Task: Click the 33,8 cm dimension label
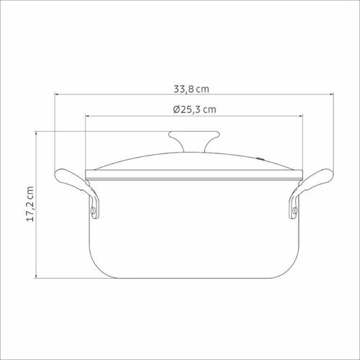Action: coord(192,89)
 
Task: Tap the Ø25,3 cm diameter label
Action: coord(194,109)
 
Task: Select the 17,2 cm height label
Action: coord(30,204)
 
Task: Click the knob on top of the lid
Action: coord(194,141)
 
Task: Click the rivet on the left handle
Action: coord(93,211)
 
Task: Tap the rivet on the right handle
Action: coord(295,211)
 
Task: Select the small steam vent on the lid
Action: coord(261,158)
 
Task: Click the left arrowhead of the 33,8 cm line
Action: coord(57,94)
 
